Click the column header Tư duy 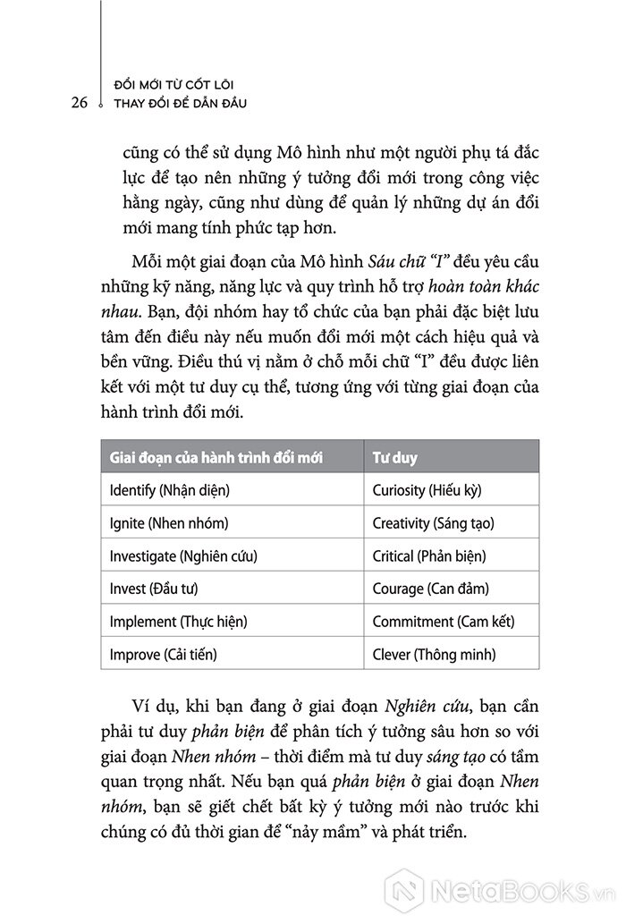tap(394, 458)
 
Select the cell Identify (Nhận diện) tap(169, 491)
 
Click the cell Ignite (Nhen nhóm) tap(168, 523)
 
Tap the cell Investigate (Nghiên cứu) tap(182, 555)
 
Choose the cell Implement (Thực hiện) tap(177, 621)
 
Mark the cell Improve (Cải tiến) tap(163, 653)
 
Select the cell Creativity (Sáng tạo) tap(434, 523)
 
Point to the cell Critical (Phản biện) tap(430, 555)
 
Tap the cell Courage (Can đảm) tap(431, 588)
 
